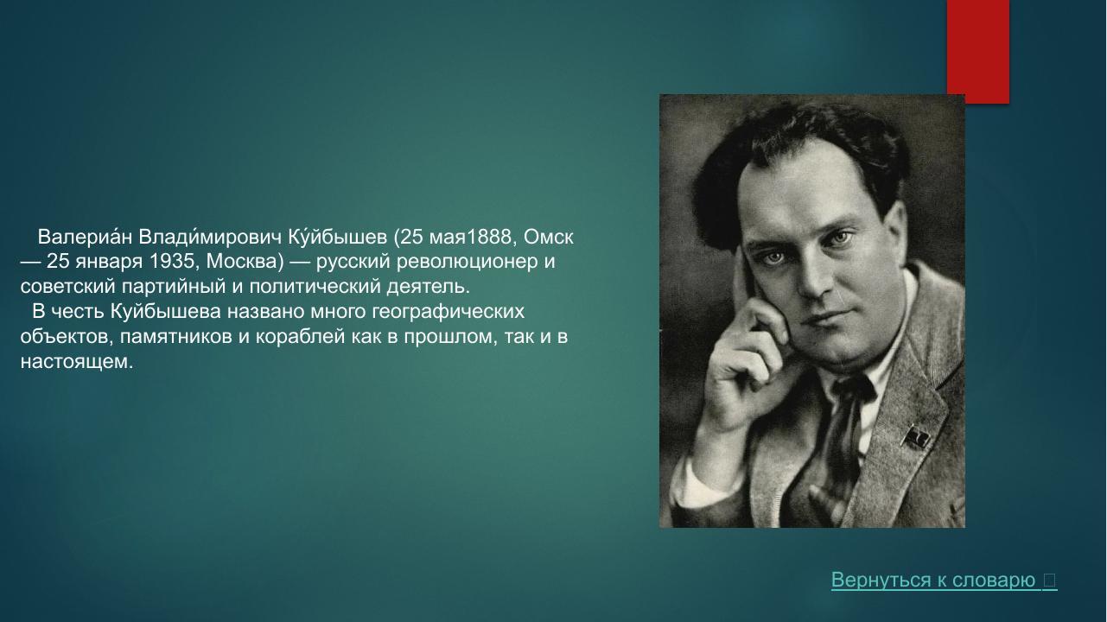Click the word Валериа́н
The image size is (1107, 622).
85,237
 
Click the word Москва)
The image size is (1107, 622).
245,262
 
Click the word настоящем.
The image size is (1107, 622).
76,362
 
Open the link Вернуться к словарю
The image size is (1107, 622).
933,581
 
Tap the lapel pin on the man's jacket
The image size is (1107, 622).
915,437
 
